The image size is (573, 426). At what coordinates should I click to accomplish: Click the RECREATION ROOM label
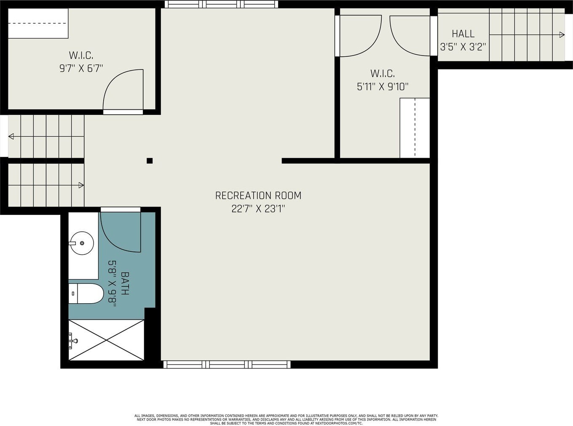(258, 196)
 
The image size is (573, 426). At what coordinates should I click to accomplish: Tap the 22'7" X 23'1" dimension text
(258, 209)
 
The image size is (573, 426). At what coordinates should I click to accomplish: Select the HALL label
(463, 34)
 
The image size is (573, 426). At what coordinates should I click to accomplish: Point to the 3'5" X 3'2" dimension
(463, 47)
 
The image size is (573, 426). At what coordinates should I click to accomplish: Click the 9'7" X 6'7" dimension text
(81, 69)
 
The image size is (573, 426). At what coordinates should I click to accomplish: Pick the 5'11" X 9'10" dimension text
(383, 87)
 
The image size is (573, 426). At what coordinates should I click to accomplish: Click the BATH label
(125, 283)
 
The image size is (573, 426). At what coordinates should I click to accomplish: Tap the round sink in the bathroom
(81, 243)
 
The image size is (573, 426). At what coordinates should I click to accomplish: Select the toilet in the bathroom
(86, 294)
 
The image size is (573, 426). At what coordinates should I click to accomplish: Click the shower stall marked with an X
(106, 340)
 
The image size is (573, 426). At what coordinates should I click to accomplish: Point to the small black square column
(150, 161)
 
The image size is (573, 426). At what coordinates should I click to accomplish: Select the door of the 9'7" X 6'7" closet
(123, 90)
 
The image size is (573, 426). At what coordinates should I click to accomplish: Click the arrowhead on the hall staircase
(562, 34)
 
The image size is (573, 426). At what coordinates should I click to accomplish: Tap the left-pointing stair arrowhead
(11, 136)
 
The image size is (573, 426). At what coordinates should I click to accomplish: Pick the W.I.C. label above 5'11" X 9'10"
(383, 74)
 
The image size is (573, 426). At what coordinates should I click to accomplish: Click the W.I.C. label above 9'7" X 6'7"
(81, 55)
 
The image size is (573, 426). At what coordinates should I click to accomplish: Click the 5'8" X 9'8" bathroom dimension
(112, 283)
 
